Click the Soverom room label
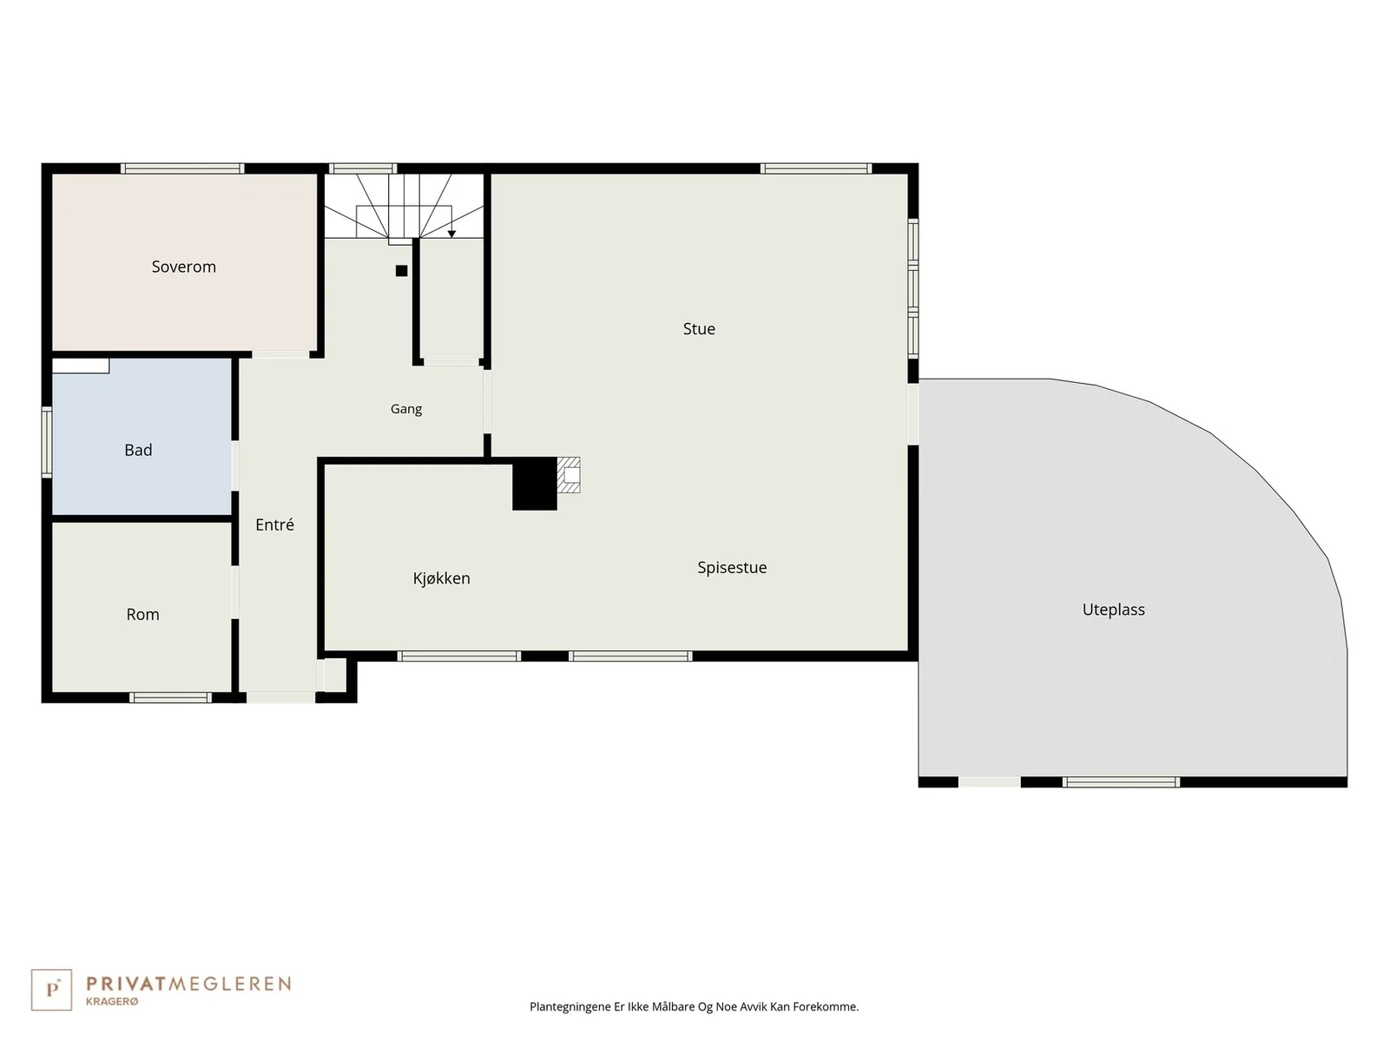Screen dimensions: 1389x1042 [183, 267]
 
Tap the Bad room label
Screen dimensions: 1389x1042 [138, 450]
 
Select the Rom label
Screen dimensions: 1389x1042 [142, 614]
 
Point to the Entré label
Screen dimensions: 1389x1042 [274, 524]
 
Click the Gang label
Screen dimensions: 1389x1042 [406, 409]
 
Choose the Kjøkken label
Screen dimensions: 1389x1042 [441, 578]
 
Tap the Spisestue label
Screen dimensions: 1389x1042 [732, 568]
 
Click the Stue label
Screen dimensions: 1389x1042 [699, 329]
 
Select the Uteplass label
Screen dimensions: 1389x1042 [1113, 610]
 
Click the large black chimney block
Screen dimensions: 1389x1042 [534, 484]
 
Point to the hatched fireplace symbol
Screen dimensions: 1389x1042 [569, 475]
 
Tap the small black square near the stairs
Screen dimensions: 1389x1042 [401, 271]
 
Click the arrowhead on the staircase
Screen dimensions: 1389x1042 [451, 234]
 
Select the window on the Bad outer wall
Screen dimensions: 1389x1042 [46, 442]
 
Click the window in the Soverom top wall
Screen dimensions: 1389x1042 [182, 168]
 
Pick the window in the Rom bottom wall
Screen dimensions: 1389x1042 [170, 697]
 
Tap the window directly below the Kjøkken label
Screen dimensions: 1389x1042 [458, 656]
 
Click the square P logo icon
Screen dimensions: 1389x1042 [51, 990]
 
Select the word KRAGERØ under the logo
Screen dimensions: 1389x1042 [112, 1002]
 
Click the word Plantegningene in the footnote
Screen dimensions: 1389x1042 [570, 1006]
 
